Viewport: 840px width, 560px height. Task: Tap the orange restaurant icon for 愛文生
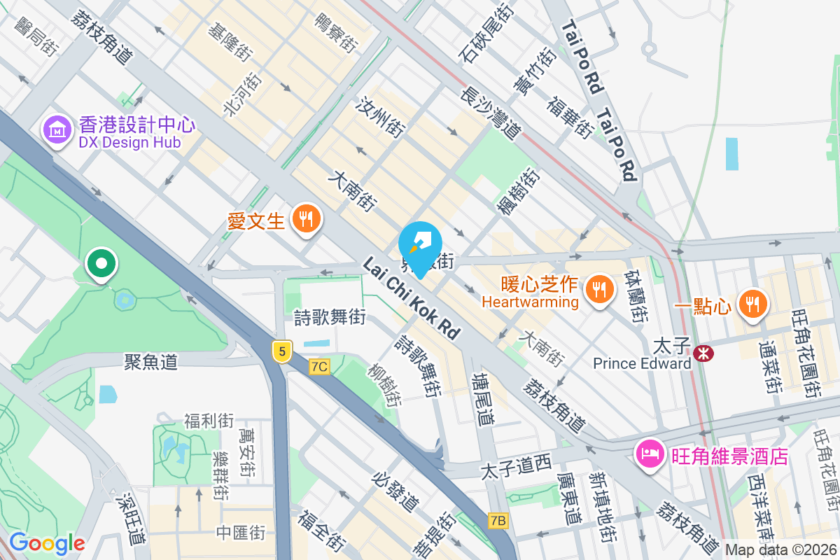(x=305, y=219)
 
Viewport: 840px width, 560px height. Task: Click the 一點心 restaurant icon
(x=752, y=304)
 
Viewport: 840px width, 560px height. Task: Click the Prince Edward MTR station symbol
(x=703, y=354)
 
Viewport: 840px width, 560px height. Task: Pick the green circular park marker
(x=102, y=265)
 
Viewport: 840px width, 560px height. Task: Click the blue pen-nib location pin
(x=420, y=245)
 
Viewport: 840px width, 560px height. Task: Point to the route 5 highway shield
(x=281, y=351)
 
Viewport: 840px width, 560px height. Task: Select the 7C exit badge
(x=319, y=366)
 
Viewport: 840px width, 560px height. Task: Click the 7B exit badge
(x=498, y=520)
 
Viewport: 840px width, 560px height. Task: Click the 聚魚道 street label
(x=150, y=362)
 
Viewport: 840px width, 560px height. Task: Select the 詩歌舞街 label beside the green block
(x=330, y=318)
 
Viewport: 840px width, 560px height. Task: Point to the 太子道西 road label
(x=517, y=465)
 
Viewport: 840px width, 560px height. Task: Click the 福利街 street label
(x=209, y=421)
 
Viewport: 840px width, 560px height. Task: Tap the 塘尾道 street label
(x=483, y=399)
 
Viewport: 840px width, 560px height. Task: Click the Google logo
(x=47, y=543)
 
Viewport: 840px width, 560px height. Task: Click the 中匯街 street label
(x=241, y=533)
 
